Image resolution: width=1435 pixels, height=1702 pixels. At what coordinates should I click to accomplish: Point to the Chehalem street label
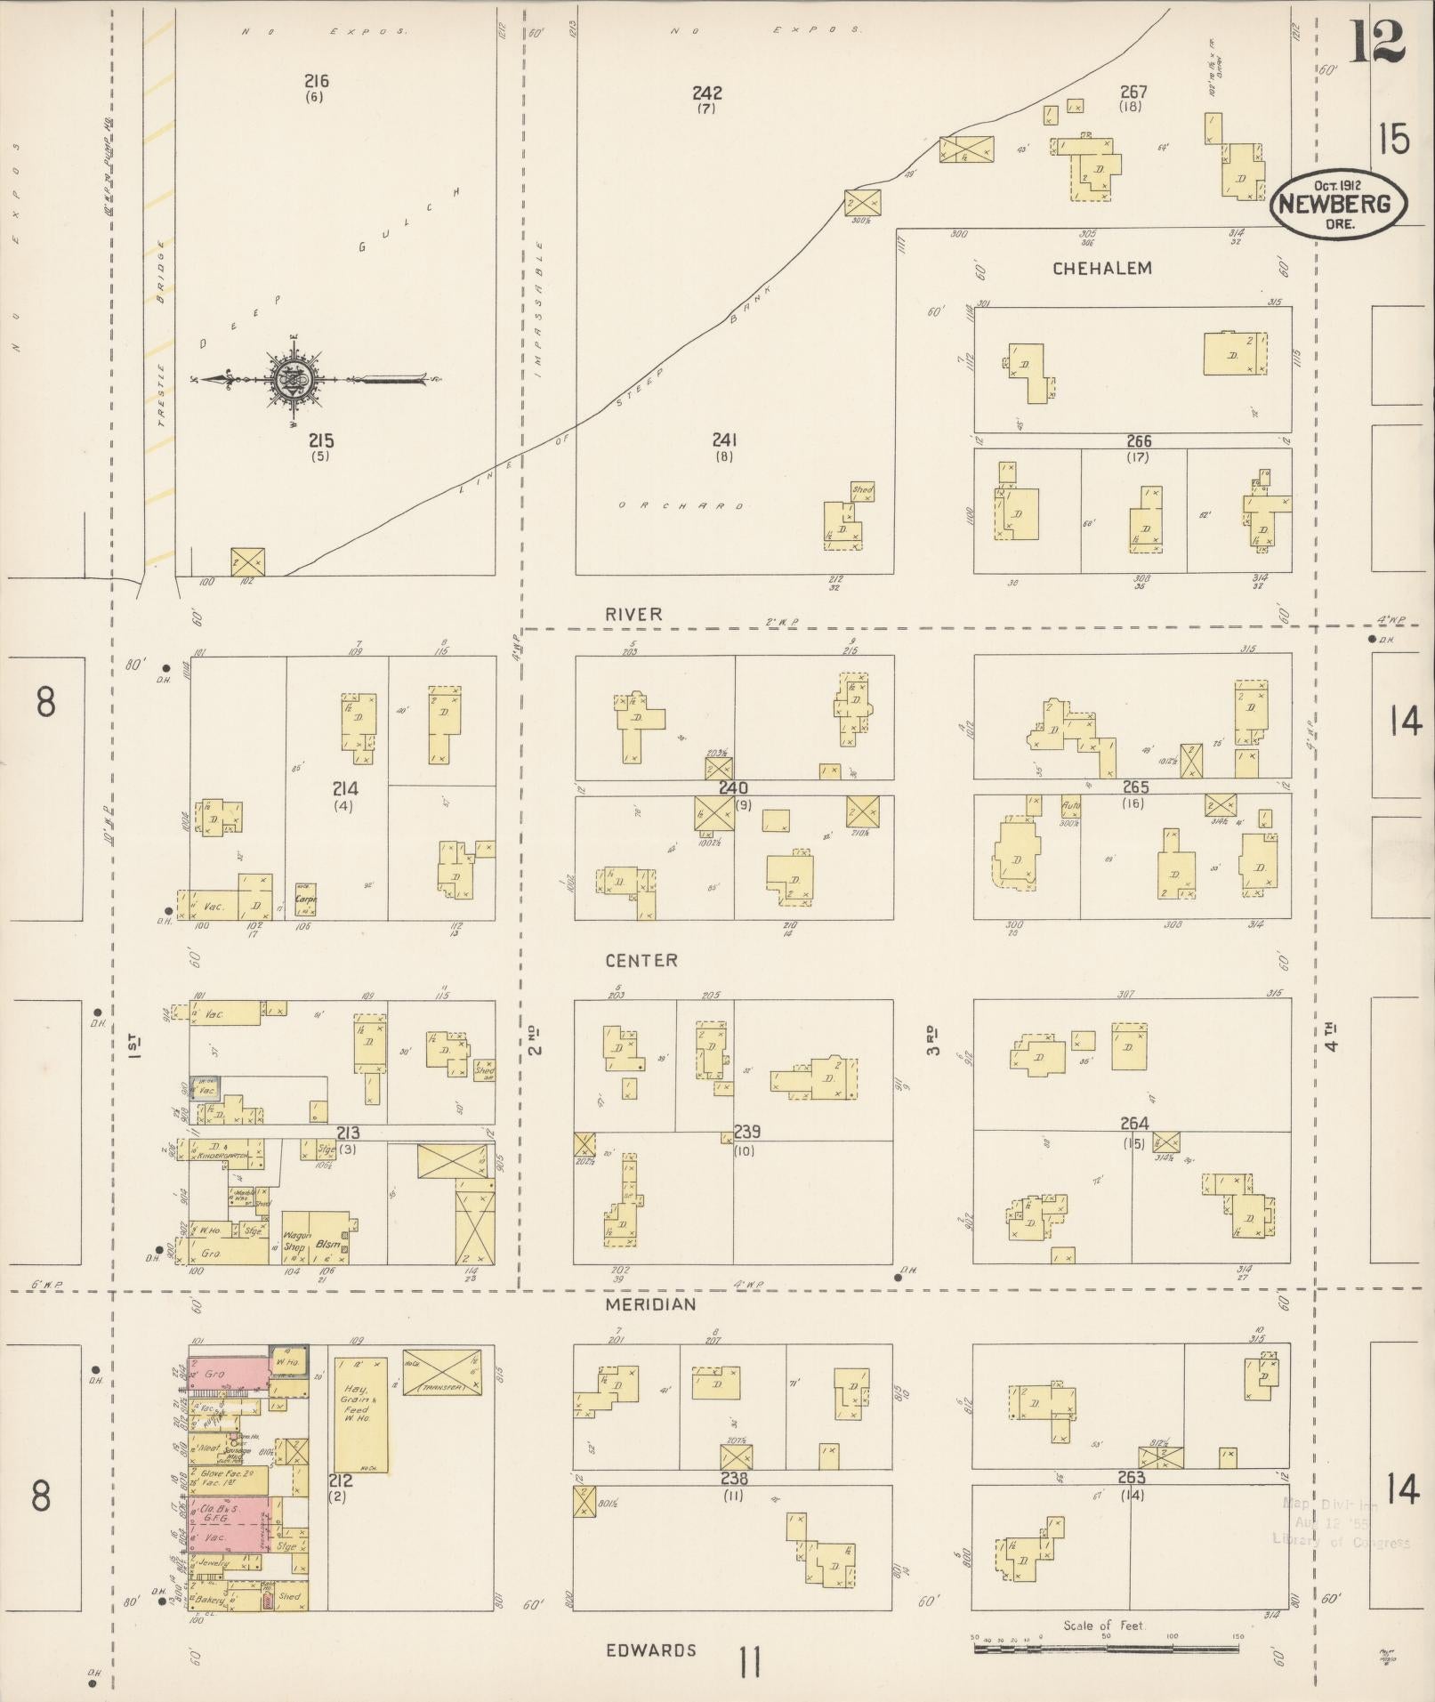(1101, 268)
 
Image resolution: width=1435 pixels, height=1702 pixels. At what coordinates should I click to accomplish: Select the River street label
(633, 614)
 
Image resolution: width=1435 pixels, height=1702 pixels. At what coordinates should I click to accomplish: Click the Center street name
(641, 960)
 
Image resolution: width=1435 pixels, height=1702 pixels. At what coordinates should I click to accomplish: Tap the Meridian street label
(650, 1304)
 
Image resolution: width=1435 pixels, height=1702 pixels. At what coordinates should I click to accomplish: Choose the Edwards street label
(650, 1650)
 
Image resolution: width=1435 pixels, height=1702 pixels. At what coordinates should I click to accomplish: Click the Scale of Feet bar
(1106, 1649)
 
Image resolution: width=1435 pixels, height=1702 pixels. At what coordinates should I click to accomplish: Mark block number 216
(316, 82)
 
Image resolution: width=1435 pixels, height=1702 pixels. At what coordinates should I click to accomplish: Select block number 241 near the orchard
(724, 440)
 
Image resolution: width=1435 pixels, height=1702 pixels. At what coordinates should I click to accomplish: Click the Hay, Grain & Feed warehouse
(360, 1414)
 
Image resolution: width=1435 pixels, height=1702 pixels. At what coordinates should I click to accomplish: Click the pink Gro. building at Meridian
(227, 1373)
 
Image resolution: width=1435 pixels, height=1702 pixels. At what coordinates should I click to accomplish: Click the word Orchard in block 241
(680, 506)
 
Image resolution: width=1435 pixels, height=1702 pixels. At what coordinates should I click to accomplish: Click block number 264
(1134, 1123)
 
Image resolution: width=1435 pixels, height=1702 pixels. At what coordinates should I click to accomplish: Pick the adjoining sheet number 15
(1394, 139)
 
